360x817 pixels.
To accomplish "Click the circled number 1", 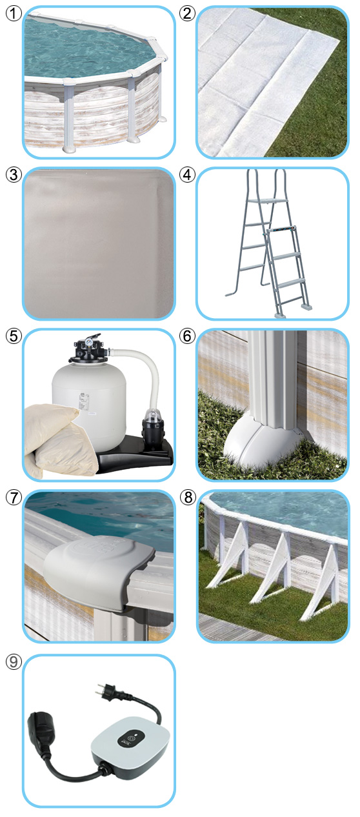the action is click(x=14, y=14).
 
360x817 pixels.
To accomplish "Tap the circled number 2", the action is click(x=187, y=14).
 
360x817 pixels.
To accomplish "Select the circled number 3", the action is click(x=14, y=175).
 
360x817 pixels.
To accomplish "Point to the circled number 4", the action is click(x=187, y=175).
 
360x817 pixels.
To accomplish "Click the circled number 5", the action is click(x=14, y=336).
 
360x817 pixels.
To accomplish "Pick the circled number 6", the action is click(x=187, y=336).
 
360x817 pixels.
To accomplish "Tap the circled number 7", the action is click(x=14, y=498).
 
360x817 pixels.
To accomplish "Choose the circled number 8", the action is click(x=188, y=498).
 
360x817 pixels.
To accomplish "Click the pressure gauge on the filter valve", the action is click(x=88, y=343).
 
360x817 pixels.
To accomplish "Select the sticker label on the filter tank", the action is click(x=81, y=401).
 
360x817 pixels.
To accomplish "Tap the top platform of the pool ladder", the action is click(x=272, y=200).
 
